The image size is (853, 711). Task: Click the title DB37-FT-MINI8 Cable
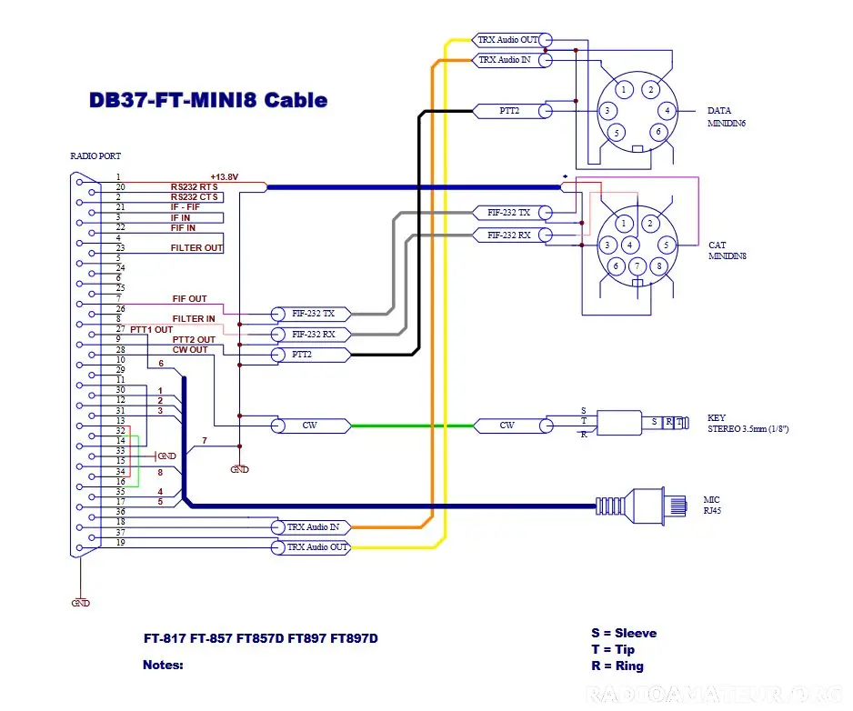208,100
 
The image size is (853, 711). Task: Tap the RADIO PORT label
95,156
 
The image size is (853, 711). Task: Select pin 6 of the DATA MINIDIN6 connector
658,132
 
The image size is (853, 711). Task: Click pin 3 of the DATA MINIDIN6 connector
607,111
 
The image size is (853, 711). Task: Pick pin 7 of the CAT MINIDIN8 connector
637,266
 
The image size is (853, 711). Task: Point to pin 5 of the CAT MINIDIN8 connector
666,245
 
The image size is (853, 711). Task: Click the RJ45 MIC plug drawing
642,506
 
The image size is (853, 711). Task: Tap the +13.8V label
224,176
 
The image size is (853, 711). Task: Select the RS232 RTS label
195,186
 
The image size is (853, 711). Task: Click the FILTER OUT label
197,248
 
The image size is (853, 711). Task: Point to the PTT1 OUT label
151,330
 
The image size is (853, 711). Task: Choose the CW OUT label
190,350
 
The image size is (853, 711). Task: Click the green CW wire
412,426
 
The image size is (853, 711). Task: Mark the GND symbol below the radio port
81,603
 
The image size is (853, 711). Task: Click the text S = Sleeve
624,633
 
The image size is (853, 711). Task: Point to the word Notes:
163,665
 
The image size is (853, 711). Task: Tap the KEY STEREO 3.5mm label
748,423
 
